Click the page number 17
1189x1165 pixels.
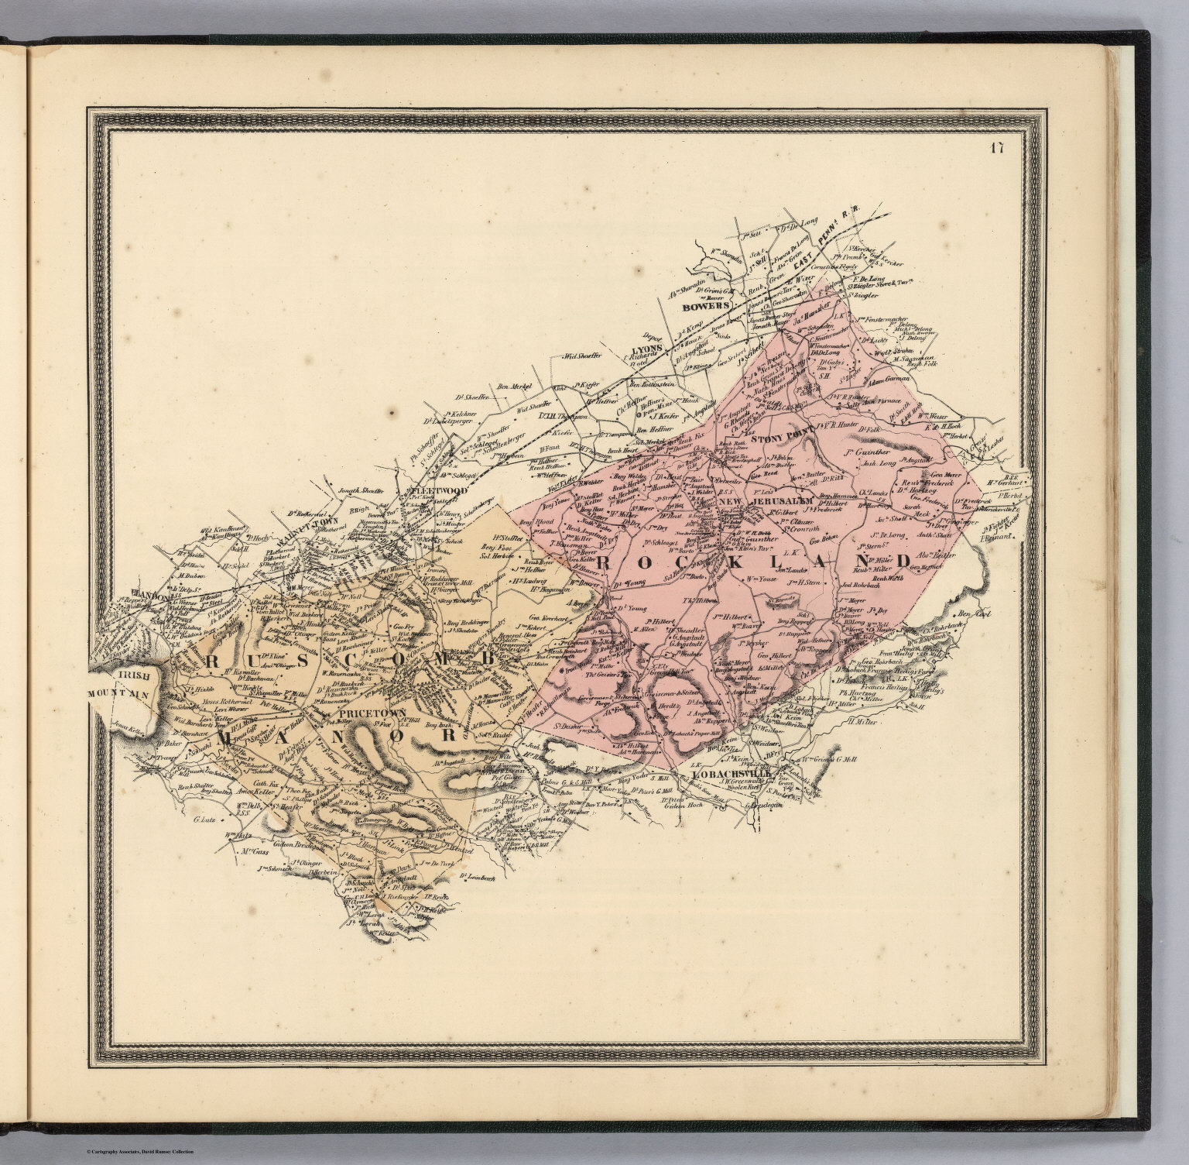coord(995,149)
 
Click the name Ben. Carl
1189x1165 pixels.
coord(975,614)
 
